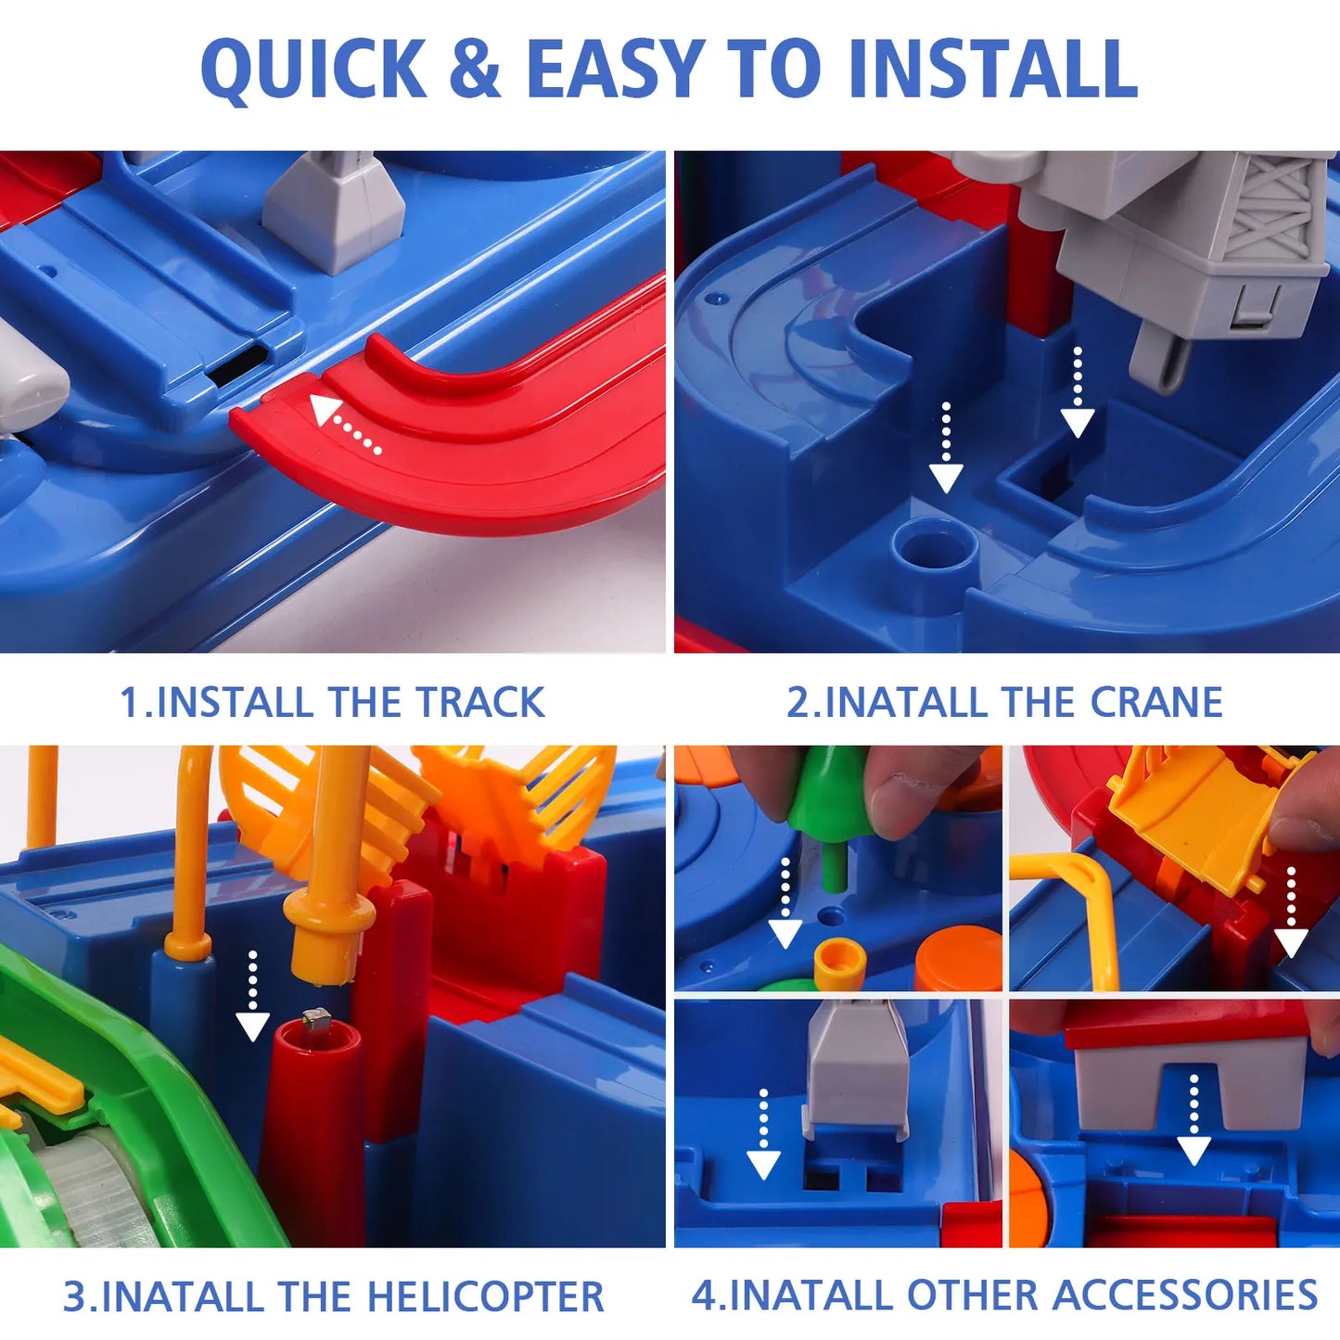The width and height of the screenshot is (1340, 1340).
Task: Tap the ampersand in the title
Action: [x=475, y=70]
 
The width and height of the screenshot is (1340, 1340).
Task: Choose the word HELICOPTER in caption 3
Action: [x=486, y=1296]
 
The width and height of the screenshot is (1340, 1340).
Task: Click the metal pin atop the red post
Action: [x=316, y=1019]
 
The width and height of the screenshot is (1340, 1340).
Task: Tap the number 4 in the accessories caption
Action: [x=704, y=1295]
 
